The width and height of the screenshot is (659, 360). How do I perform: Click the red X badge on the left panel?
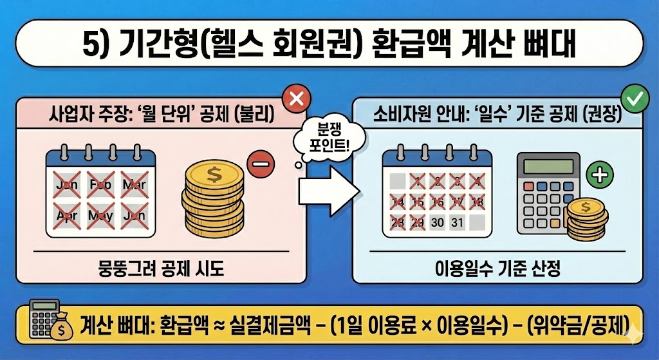tap(297, 100)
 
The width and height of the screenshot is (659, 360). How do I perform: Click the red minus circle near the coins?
tap(259, 166)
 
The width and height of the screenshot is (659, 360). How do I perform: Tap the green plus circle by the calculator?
tap(601, 175)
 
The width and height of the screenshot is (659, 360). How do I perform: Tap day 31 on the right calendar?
tap(458, 223)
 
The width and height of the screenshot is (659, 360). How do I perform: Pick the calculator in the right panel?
tap(546, 194)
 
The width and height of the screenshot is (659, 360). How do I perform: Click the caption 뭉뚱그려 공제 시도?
tap(159, 269)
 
